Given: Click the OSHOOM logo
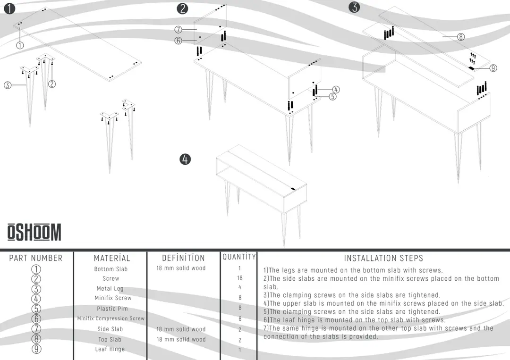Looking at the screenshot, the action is coord(34,232).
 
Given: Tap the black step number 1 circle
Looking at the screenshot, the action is coord(9,8).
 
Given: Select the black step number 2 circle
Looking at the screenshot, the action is coord(182,8).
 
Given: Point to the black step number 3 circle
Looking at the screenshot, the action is coord(355,7).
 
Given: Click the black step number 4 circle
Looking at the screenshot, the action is coord(185,159).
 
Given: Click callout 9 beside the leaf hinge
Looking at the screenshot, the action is coord(493,68).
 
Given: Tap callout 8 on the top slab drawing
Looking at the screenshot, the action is coord(460,37).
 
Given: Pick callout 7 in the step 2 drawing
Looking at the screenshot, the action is coord(178,30).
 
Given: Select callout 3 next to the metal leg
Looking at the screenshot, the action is coord(8,85).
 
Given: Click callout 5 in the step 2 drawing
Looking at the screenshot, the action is coord(332,97).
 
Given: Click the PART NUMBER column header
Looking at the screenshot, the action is coord(36,258).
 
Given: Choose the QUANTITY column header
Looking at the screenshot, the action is coord(239,257).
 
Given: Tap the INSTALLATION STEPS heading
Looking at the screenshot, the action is coord(383,258).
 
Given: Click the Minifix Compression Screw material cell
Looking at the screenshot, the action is coord(110,318).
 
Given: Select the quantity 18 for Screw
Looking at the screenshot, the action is coord(240,278).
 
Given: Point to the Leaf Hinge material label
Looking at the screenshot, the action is coord(110,349).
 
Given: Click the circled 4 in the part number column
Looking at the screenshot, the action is coord(36,299).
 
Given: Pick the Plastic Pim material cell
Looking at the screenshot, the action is coord(112,309).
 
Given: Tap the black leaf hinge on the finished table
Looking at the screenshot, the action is coord(293,189).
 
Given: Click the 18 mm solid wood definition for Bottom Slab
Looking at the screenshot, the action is coord(181,268).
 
